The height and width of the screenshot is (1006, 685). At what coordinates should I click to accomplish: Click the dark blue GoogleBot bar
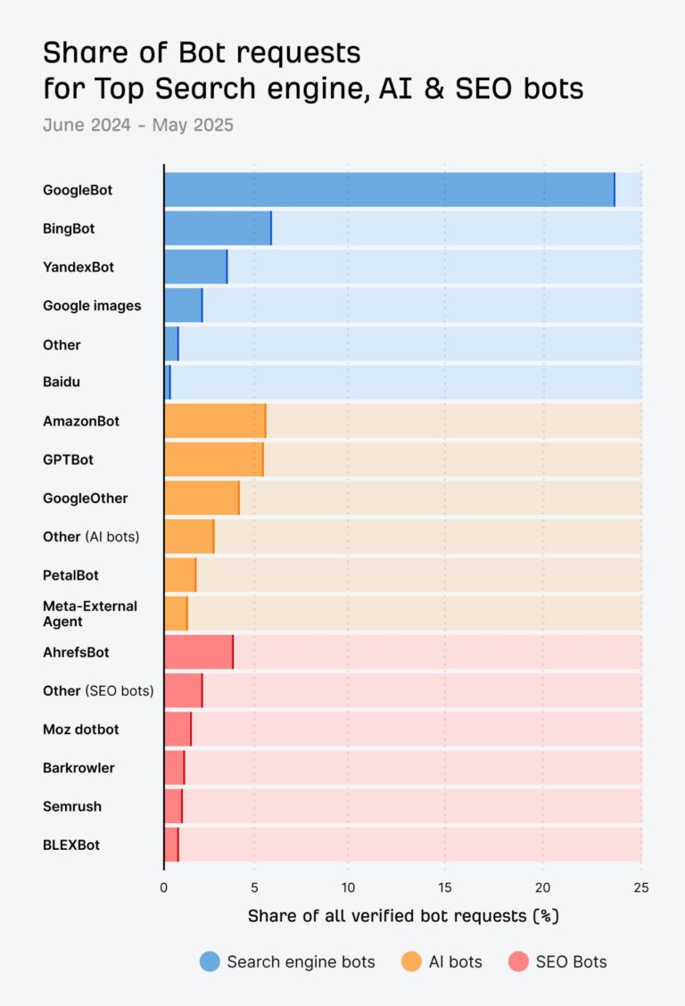(389, 190)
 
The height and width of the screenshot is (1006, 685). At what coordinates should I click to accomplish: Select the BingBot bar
(218, 228)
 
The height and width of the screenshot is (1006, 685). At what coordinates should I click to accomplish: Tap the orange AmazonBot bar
(215, 421)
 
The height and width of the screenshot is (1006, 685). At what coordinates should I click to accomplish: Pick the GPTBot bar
(213, 459)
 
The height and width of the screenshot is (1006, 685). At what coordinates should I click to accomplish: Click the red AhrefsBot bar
(198, 652)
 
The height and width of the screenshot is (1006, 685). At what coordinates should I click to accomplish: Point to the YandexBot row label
(78, 267)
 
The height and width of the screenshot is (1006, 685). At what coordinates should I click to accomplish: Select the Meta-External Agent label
(89, 614)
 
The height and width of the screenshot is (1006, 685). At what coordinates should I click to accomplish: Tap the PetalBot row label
(70, 575)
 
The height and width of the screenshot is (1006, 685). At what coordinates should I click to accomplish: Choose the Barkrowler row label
(78, 768)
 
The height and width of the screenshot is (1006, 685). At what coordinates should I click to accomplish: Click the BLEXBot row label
(71, 845)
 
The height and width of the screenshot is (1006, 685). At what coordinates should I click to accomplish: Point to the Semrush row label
(72, 806)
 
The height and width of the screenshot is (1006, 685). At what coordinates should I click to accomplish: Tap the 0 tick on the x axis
(164, 886)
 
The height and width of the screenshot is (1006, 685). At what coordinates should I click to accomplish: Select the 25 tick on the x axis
(640, 886)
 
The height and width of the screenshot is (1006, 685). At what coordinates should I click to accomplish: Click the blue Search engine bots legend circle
(210, 961)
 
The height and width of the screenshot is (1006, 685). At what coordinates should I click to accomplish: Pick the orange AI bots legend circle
(411, 961)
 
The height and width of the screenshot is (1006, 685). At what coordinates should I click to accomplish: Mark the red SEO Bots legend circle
(518, 961)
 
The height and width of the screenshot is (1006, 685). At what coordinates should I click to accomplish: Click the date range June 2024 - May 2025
(137, 125)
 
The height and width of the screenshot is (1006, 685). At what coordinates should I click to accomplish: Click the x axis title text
(402, 916)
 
